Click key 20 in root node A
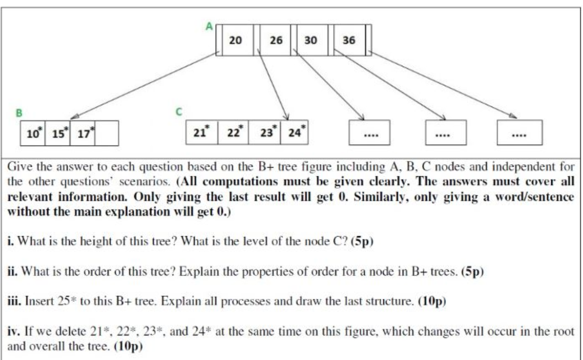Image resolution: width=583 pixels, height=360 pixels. click(x=236, y=40)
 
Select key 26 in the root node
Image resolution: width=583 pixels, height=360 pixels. click(x=275, y=40)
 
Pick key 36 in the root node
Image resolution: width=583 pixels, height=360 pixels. click(x=349, y=40)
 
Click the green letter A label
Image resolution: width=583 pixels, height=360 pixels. click(x=209, y=26)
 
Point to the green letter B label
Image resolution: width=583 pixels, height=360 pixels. click(x=19, y=113)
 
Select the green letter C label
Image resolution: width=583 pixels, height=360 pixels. click(x=178, y=112)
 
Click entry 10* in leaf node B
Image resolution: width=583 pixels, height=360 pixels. click(x=33, y=134)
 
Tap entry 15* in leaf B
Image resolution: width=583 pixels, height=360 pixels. click(x=58, y=134)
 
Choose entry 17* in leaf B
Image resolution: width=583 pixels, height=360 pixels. click(x=83, y=134)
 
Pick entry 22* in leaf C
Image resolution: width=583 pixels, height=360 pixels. click(x=233, y=132)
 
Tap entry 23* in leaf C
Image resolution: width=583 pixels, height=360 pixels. click(x=265, y=132)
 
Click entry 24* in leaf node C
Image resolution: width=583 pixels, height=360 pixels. click(x=294, y=132)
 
